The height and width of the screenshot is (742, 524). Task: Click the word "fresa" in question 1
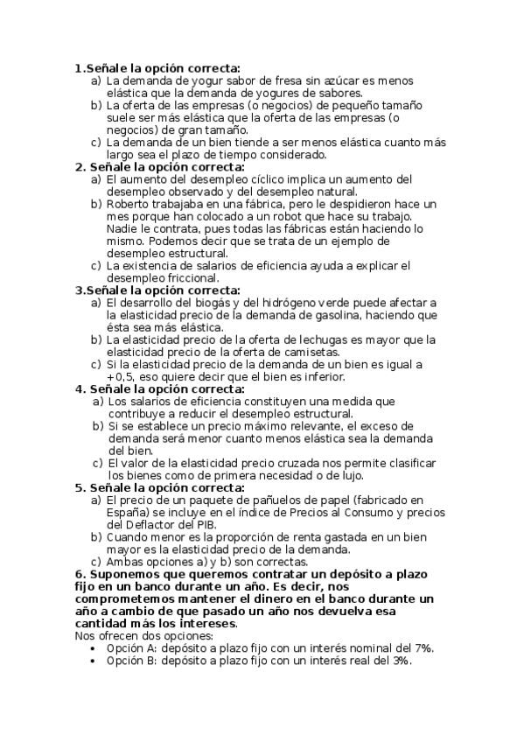click(271, 80)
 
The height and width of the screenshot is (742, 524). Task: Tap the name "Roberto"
click(129, 204)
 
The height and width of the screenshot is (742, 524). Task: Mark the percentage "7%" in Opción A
click(423, 648)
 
